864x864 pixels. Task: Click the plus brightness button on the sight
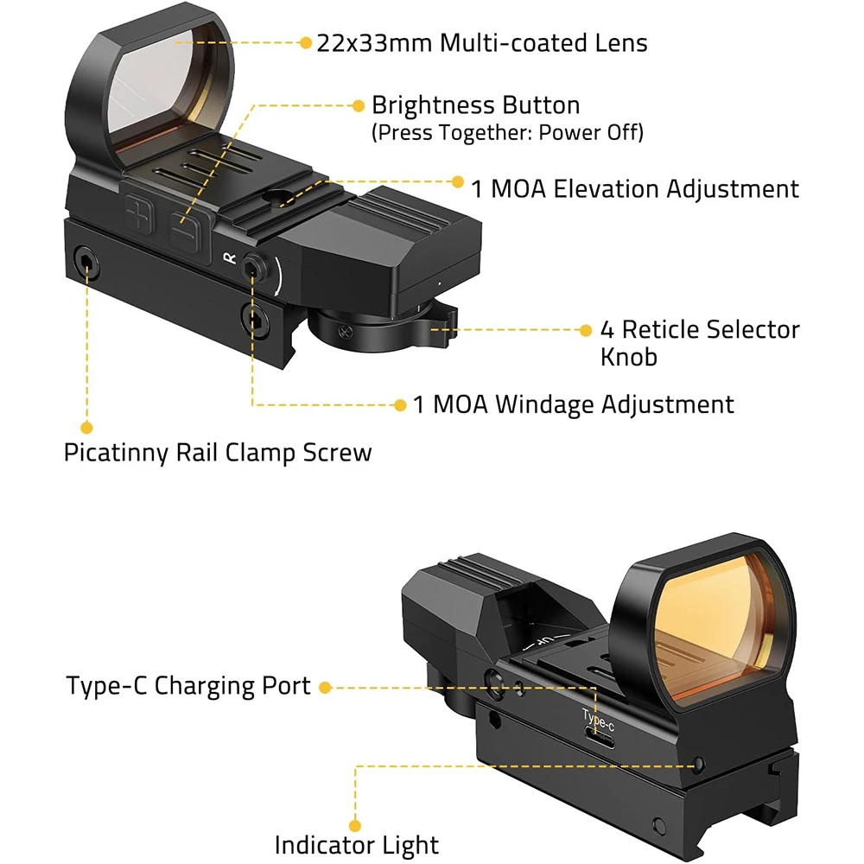pos(138,213)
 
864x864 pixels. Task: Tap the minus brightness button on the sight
pos(185,231)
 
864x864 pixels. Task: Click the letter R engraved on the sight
pos(229,257)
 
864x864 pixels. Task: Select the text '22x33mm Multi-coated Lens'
pos(482,43)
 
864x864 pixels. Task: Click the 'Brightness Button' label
pos(475,105)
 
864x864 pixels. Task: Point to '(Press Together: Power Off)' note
pos(507,132)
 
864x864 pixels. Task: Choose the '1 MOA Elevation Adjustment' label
pos(635,188)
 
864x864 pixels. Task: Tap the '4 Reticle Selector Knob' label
pos(700,343)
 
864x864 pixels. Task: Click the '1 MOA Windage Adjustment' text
pos(573,404)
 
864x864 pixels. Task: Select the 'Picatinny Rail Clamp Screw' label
pos(218,453)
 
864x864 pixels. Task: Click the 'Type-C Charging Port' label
pos(187,686)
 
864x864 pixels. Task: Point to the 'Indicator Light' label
pos(357,845)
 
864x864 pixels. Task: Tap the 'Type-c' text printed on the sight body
pos(598,720)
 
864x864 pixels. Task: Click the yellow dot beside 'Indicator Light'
pos(355,825)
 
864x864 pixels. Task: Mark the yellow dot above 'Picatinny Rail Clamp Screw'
pos(86,428)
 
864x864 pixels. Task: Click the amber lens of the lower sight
pos(716,623)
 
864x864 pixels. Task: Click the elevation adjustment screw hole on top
pos(276,196)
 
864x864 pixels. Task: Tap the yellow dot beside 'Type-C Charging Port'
pos(325,687)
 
